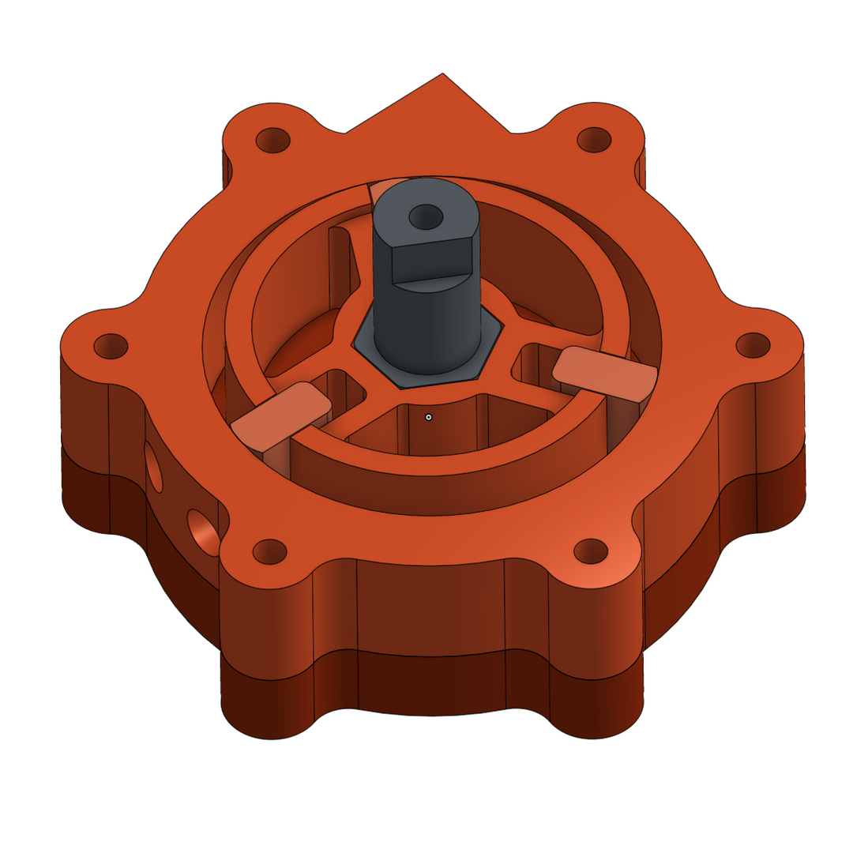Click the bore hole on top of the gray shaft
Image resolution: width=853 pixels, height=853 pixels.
426,215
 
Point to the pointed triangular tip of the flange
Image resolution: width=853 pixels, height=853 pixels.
443,77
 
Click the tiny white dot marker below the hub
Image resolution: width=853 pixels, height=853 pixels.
428,416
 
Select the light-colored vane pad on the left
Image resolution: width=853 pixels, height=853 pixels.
280,415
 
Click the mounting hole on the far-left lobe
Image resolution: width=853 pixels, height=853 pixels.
111,346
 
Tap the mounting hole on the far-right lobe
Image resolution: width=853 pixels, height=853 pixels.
753,344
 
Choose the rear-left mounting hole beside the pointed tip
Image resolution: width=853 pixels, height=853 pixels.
273,141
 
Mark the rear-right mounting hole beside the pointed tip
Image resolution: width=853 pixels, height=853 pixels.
595,139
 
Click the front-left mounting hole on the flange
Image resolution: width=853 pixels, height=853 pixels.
269,551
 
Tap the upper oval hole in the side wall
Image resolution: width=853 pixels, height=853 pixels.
153,466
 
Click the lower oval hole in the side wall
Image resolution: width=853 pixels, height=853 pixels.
203,533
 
